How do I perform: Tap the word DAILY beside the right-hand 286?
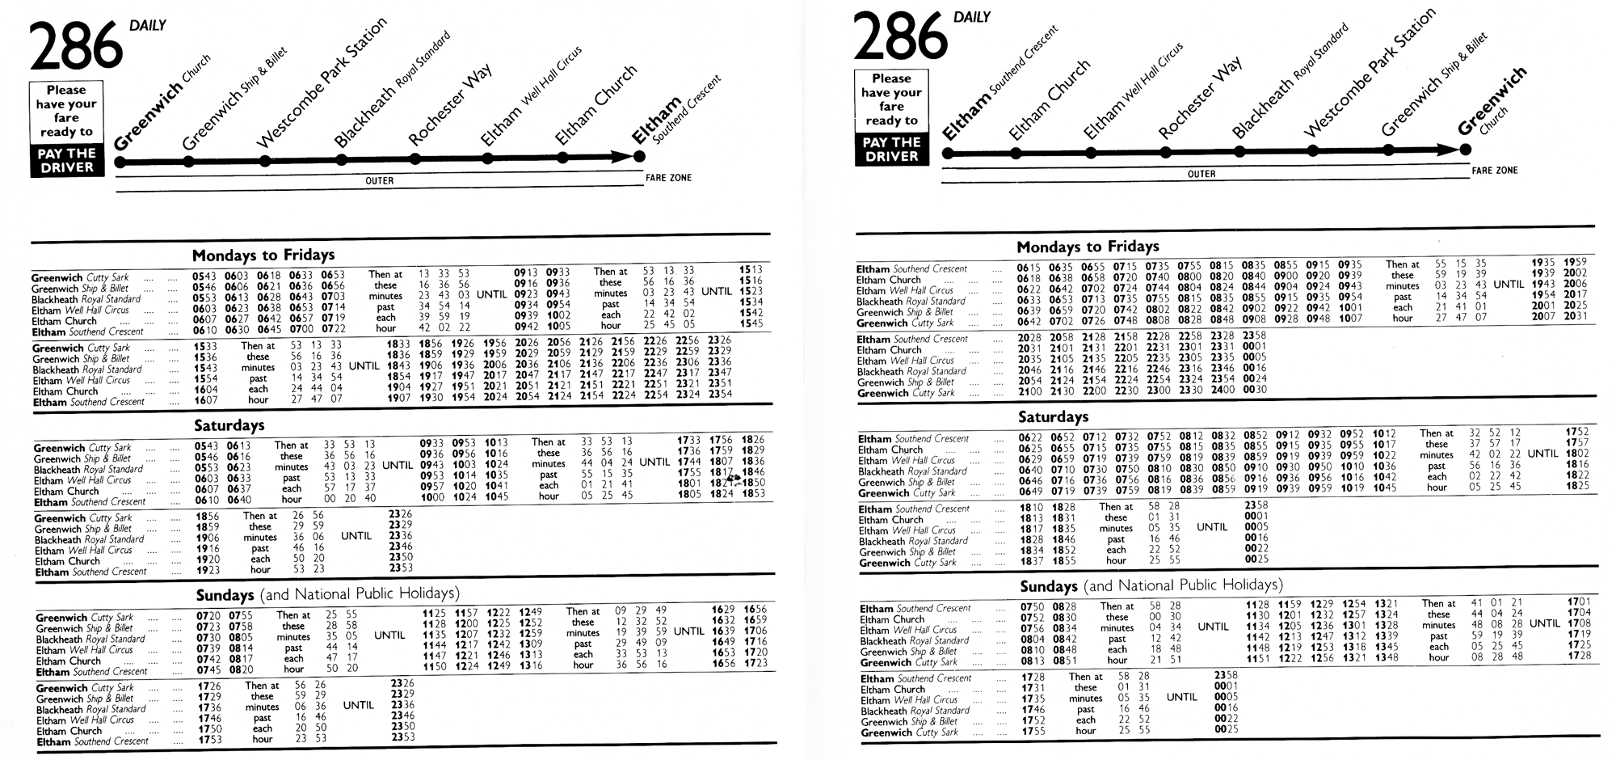[x=972, y=17]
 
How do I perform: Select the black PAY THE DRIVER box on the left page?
[x=67, y=160]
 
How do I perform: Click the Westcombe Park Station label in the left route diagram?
[x=321, y=85]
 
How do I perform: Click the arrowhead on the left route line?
[x=624, y=157]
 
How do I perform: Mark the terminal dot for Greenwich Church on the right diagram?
[x=1465, y=150]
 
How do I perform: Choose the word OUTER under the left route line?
[x=379, y=181]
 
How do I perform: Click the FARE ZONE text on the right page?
[x=1495, y=171]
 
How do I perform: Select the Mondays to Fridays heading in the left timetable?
[x=263, y=255]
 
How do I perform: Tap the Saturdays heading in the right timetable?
[x=1053, y=417]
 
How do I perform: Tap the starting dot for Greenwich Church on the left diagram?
[x=120, y=162]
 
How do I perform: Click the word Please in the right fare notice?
[x=891, y=78]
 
